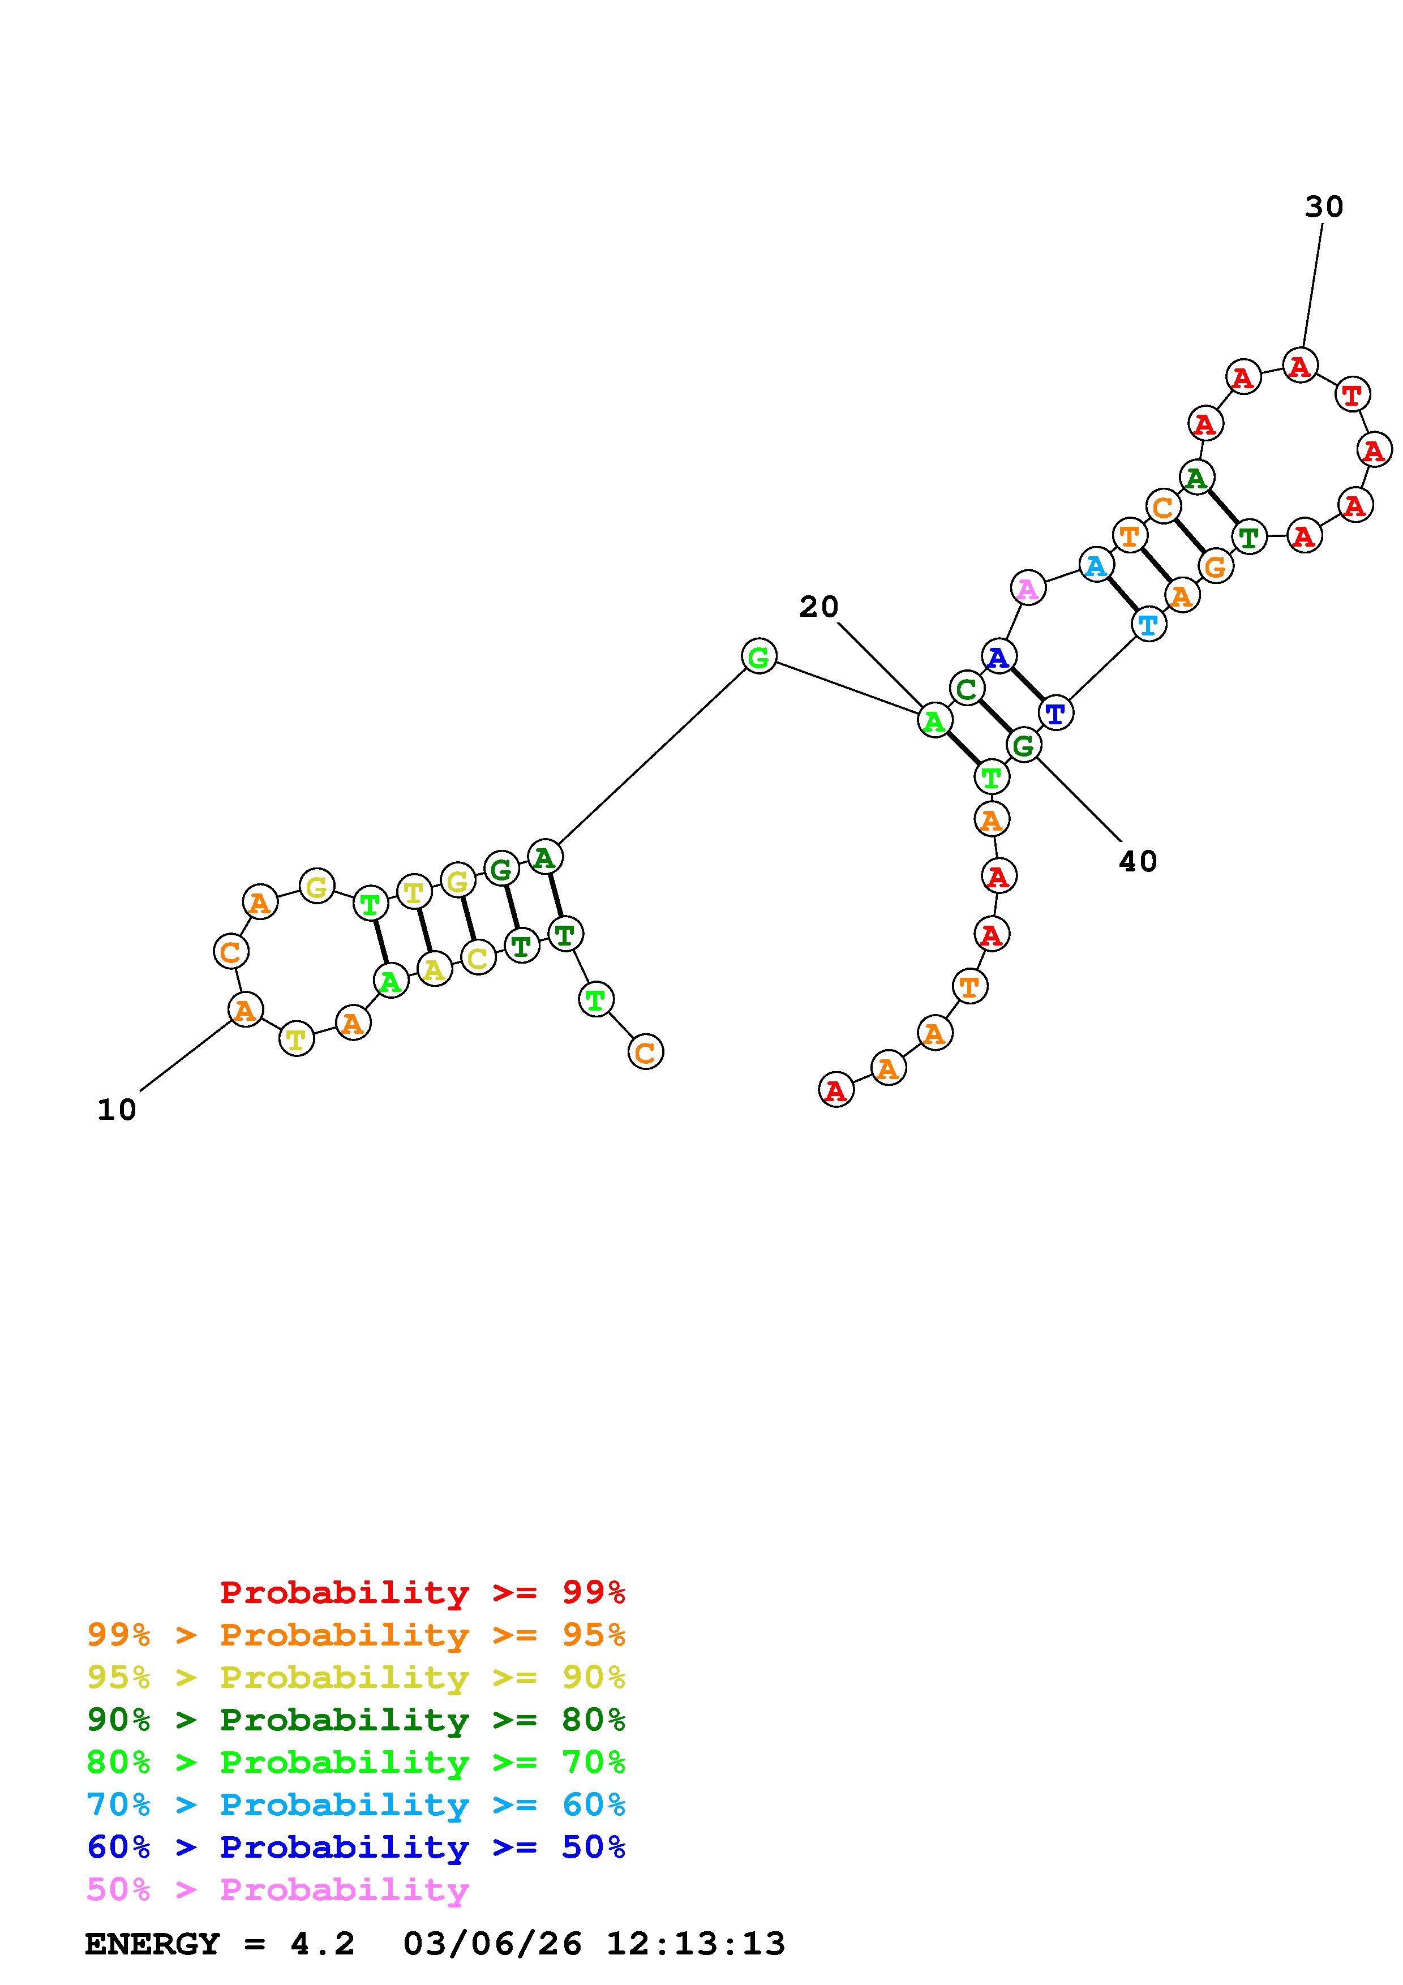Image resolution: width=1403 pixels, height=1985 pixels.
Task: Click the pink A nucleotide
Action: pos(1027,588)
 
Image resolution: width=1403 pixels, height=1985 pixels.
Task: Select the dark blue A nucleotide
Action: pos(998,657)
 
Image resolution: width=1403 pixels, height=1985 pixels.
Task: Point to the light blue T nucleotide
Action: pos(1148,624)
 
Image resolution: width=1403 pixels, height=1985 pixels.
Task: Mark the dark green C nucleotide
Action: pos(967,689)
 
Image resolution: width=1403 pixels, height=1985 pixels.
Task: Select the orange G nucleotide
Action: pos(1216,567)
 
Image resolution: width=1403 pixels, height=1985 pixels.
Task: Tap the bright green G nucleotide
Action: pos(758,657)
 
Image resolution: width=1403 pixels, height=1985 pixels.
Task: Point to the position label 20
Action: pos(818,607)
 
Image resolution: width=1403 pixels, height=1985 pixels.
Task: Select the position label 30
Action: pos(1323,207)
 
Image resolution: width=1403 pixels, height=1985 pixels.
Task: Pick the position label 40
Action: pos(1138,861)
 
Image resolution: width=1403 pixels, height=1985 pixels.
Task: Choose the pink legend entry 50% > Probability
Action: pos(277,1890)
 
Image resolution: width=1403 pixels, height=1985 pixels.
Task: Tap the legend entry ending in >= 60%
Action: pos(356,1805)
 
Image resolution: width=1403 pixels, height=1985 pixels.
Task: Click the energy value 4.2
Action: pos(323,1944)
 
